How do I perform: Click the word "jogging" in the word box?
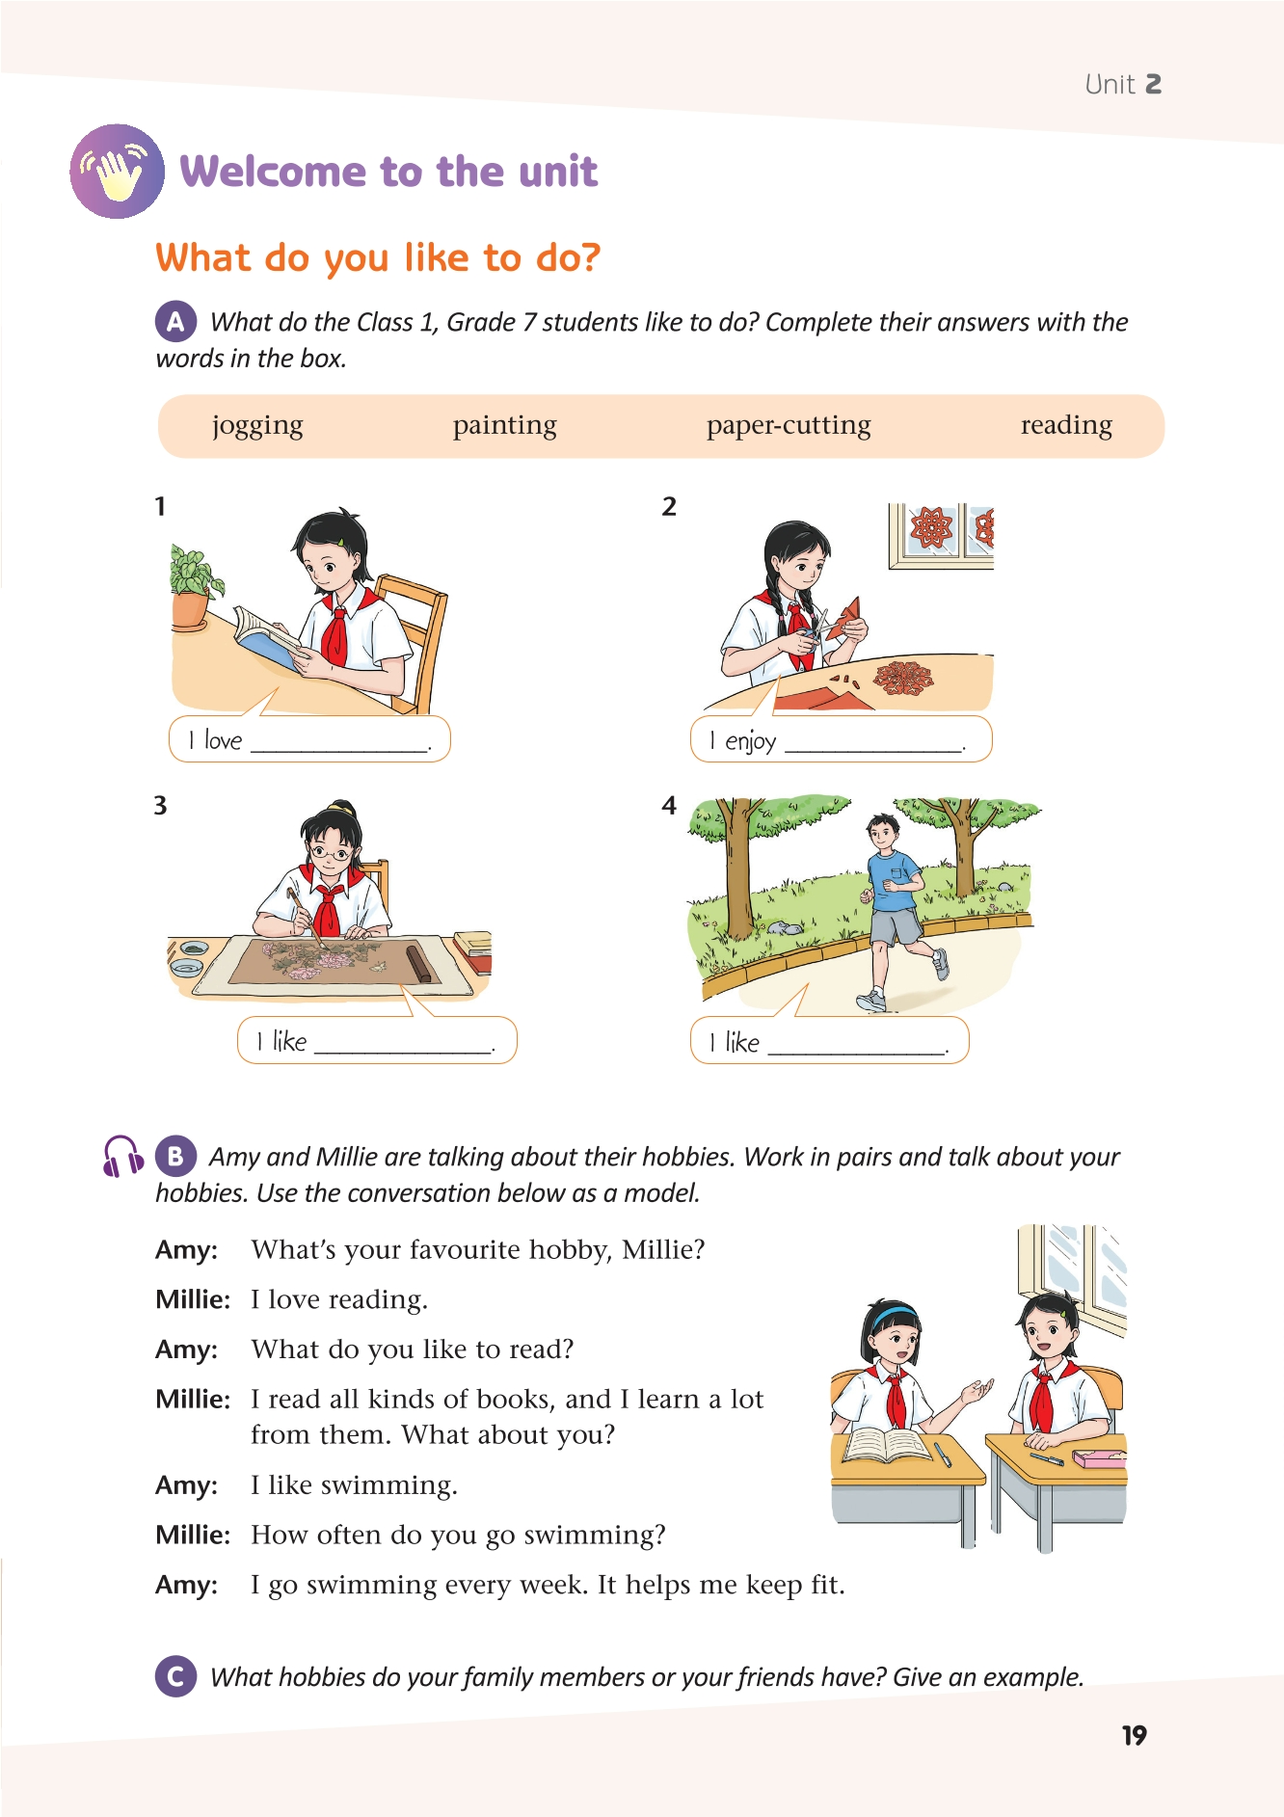(x=257, y=426)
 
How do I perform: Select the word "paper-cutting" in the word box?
(x=789, y=425)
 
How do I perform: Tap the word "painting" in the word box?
(x=505, y=426)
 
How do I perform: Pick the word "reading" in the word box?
(x=1066, y=425)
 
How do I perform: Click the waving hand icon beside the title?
(x=117, y=172)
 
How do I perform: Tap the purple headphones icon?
(x=122, y=1156)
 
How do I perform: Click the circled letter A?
(x=175, y=321)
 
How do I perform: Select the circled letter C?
(x=175, y=1676)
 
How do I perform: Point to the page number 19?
(x=1135, y=1735)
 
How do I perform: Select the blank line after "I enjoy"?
(x=873, y=749)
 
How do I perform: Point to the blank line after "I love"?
(x=338, y=748)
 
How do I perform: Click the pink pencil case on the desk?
(x=1099, y=1457)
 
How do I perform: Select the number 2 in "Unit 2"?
(x=1152, y=85)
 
